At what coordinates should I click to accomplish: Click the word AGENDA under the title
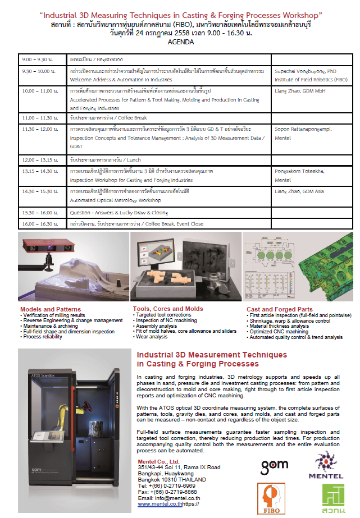point(180,42)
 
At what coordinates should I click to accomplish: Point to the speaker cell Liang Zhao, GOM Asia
point(299,191)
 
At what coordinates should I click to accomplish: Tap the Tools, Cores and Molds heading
point(168,309)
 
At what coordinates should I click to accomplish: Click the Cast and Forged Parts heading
point(280,309)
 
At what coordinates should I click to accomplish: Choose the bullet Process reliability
point(44,337)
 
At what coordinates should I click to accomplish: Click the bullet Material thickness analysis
point(279,326)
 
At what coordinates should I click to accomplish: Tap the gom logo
point(275,465)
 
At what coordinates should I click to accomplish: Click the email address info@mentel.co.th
point(169,498)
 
